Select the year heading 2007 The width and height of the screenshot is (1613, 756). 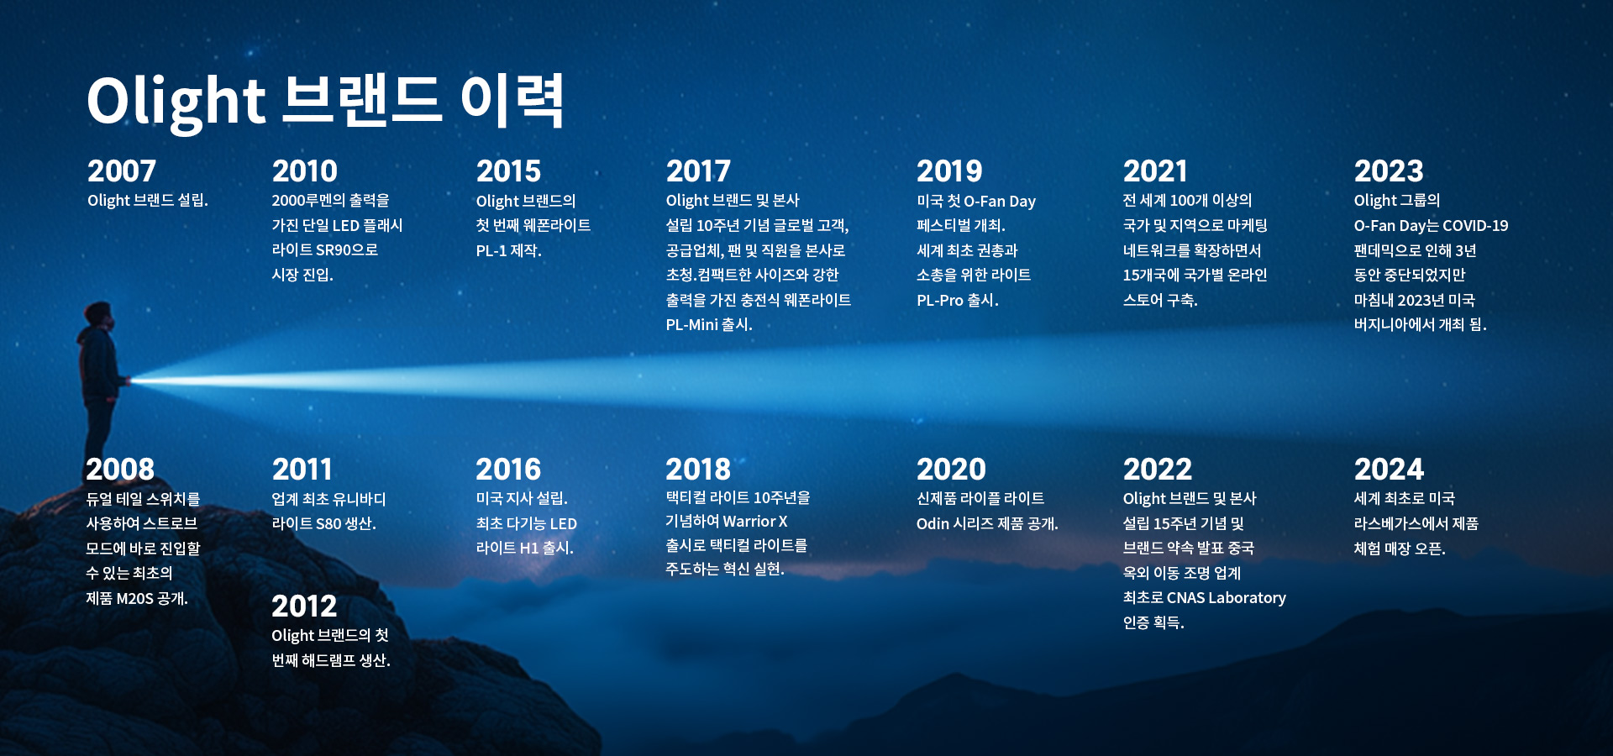point(122,171)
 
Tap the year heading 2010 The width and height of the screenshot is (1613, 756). point(304,171)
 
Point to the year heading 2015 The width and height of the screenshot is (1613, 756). point(508,171)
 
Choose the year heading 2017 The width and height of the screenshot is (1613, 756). point(698,171)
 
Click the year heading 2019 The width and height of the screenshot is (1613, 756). point(949,171)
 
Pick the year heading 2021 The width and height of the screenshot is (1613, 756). point(1155,171)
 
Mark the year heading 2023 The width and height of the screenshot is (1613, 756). point(1389,171)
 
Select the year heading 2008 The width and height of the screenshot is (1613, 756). point(120,469)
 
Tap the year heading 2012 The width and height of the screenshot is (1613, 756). point(304,606)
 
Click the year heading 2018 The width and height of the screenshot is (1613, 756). point(698,469)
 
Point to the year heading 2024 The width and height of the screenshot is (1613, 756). point(1390,469)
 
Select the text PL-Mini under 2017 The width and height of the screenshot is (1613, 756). point(692,325)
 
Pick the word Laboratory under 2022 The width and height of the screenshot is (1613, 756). point(1244,598)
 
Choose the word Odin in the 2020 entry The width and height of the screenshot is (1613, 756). point(933,524)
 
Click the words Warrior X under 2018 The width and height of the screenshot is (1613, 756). point(755,522)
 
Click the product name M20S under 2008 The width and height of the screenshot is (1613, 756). point(134,599)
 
